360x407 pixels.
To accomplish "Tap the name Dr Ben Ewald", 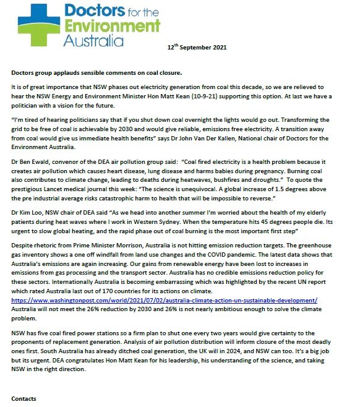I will (27, 160).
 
